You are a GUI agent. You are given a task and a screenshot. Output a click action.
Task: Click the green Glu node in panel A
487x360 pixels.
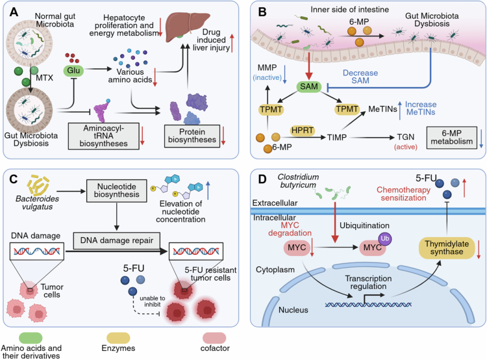pos(73,71)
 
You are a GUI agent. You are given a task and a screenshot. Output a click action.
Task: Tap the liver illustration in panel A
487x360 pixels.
pos(187,27)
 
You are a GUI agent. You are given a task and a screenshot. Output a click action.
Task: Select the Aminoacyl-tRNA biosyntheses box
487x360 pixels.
pos(103,136)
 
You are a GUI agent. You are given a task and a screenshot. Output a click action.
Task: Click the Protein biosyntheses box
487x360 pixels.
pos(192,136)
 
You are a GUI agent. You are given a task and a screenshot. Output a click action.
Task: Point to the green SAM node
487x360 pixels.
pos(308,86)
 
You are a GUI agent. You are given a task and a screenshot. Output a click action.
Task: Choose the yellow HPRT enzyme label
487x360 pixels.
pos(302,131)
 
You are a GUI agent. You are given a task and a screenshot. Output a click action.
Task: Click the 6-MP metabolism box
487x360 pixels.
pos(451,137)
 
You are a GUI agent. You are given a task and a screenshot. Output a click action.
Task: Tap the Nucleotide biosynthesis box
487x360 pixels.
pos(116,190)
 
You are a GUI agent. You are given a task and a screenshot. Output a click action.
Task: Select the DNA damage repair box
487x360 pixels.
pos(117,240)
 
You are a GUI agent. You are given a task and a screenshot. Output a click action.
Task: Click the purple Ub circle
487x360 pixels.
pos(384,238)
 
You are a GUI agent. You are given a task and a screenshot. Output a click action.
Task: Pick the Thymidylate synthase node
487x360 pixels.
pos(447,248)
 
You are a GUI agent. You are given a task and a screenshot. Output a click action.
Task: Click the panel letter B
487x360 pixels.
pos(262,12)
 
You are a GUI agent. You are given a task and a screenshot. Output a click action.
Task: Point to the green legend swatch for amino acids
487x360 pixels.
pos(31,338)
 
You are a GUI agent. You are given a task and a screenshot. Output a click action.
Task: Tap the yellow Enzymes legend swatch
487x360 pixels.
pos(118,338)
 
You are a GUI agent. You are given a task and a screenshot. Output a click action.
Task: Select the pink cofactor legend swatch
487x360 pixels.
pos(214,338)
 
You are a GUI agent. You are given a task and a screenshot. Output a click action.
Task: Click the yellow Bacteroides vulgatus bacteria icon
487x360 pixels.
pos(38,185)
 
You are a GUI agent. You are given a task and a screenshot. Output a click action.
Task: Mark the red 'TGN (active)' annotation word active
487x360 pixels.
pos(406,147)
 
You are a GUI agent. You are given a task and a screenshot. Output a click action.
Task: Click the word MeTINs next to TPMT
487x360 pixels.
pos(382,109)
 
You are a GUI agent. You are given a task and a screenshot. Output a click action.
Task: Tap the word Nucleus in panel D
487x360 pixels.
pos(293,310)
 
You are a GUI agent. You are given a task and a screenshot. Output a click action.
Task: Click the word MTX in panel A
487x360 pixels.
pos(44,78)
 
